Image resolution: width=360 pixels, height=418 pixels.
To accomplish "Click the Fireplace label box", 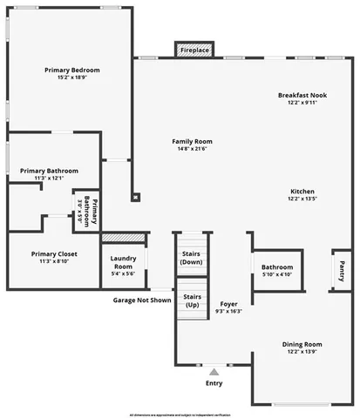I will (194, 51).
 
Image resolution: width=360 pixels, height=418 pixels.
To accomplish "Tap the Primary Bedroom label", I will (72, 71).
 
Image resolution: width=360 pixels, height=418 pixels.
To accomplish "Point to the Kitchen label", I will (302, 192).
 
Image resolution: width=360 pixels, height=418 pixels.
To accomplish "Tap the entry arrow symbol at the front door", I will (214, 372).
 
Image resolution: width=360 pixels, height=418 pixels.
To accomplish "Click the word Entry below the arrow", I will (214, 383).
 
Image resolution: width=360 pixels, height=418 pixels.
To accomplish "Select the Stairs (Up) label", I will (192, 300).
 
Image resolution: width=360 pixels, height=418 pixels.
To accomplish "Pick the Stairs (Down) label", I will (192, 257).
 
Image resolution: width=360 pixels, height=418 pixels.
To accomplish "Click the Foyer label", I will (229, 304).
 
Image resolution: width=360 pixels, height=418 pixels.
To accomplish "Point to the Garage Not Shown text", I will (141, 300).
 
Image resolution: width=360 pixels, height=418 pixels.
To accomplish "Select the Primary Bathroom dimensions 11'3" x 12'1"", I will (51, 179).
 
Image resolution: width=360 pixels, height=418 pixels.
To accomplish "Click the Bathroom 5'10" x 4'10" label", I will (277, 271).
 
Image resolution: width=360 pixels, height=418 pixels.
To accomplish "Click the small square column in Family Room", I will (135, 197).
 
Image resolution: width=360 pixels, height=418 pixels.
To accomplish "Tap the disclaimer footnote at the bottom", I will (180, 413).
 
